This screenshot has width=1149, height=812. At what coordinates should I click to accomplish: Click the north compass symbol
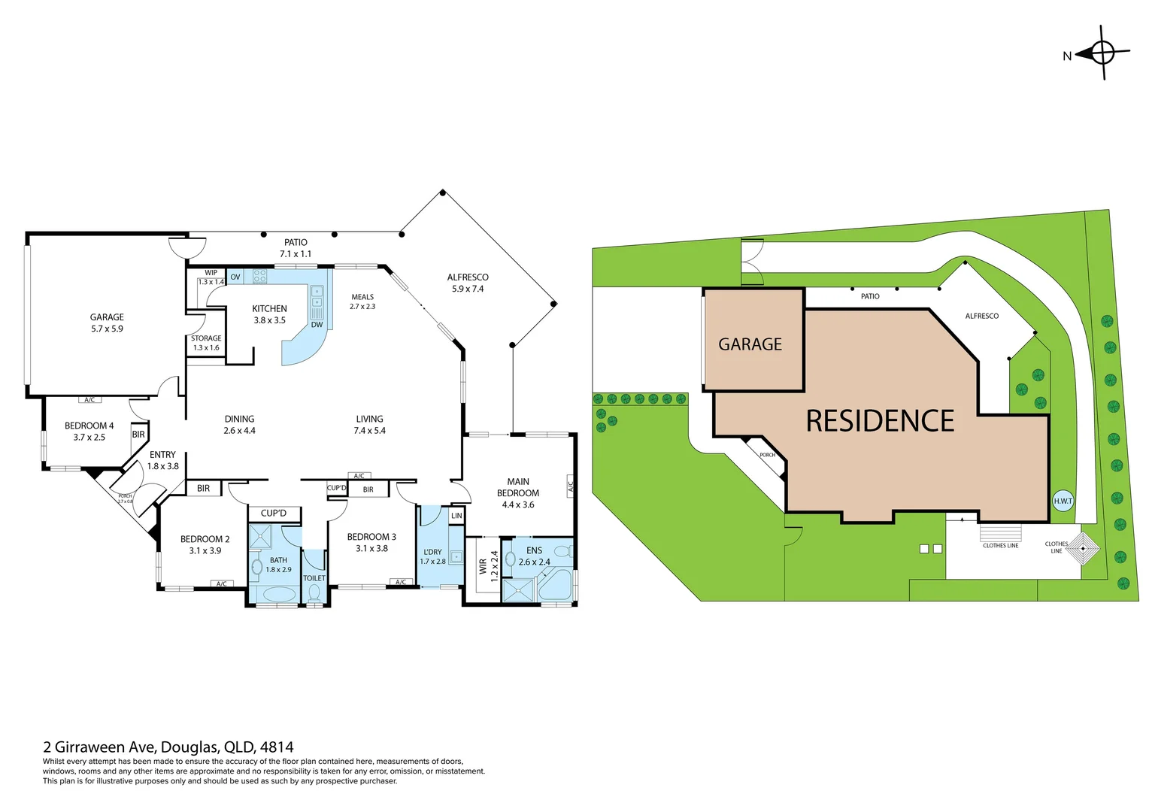pos(1102,53)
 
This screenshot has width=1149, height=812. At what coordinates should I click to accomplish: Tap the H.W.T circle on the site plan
pos(1063,501)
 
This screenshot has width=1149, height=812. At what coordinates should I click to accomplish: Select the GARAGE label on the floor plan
pos(107,317)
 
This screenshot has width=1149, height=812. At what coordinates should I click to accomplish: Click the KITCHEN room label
pos(269,309)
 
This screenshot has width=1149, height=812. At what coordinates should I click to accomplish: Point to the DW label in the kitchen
pos(317,325)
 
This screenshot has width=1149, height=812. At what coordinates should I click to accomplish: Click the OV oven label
pos(235,277)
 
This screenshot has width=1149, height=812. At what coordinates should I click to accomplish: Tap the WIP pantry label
pos(211,273)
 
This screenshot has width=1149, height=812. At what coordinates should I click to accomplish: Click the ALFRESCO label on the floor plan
pos(468,277)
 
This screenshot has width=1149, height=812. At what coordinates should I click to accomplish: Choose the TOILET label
pos(314,578)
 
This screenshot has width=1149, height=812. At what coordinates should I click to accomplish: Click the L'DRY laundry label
pos(432,552)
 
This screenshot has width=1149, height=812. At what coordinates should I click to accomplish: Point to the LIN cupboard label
pos(456,516)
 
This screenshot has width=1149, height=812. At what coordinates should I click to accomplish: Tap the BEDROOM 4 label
pos(89,426)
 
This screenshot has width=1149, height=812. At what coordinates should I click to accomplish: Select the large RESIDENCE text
pos(880,421)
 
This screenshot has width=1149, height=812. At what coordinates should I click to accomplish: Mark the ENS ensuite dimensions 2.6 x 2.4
pos(534,562)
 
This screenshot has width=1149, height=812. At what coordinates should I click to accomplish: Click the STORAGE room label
pos(206,338)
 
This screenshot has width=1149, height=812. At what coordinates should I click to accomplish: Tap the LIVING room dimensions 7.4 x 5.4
pos(369,431)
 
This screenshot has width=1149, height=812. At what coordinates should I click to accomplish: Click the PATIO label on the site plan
pos(870,296)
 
